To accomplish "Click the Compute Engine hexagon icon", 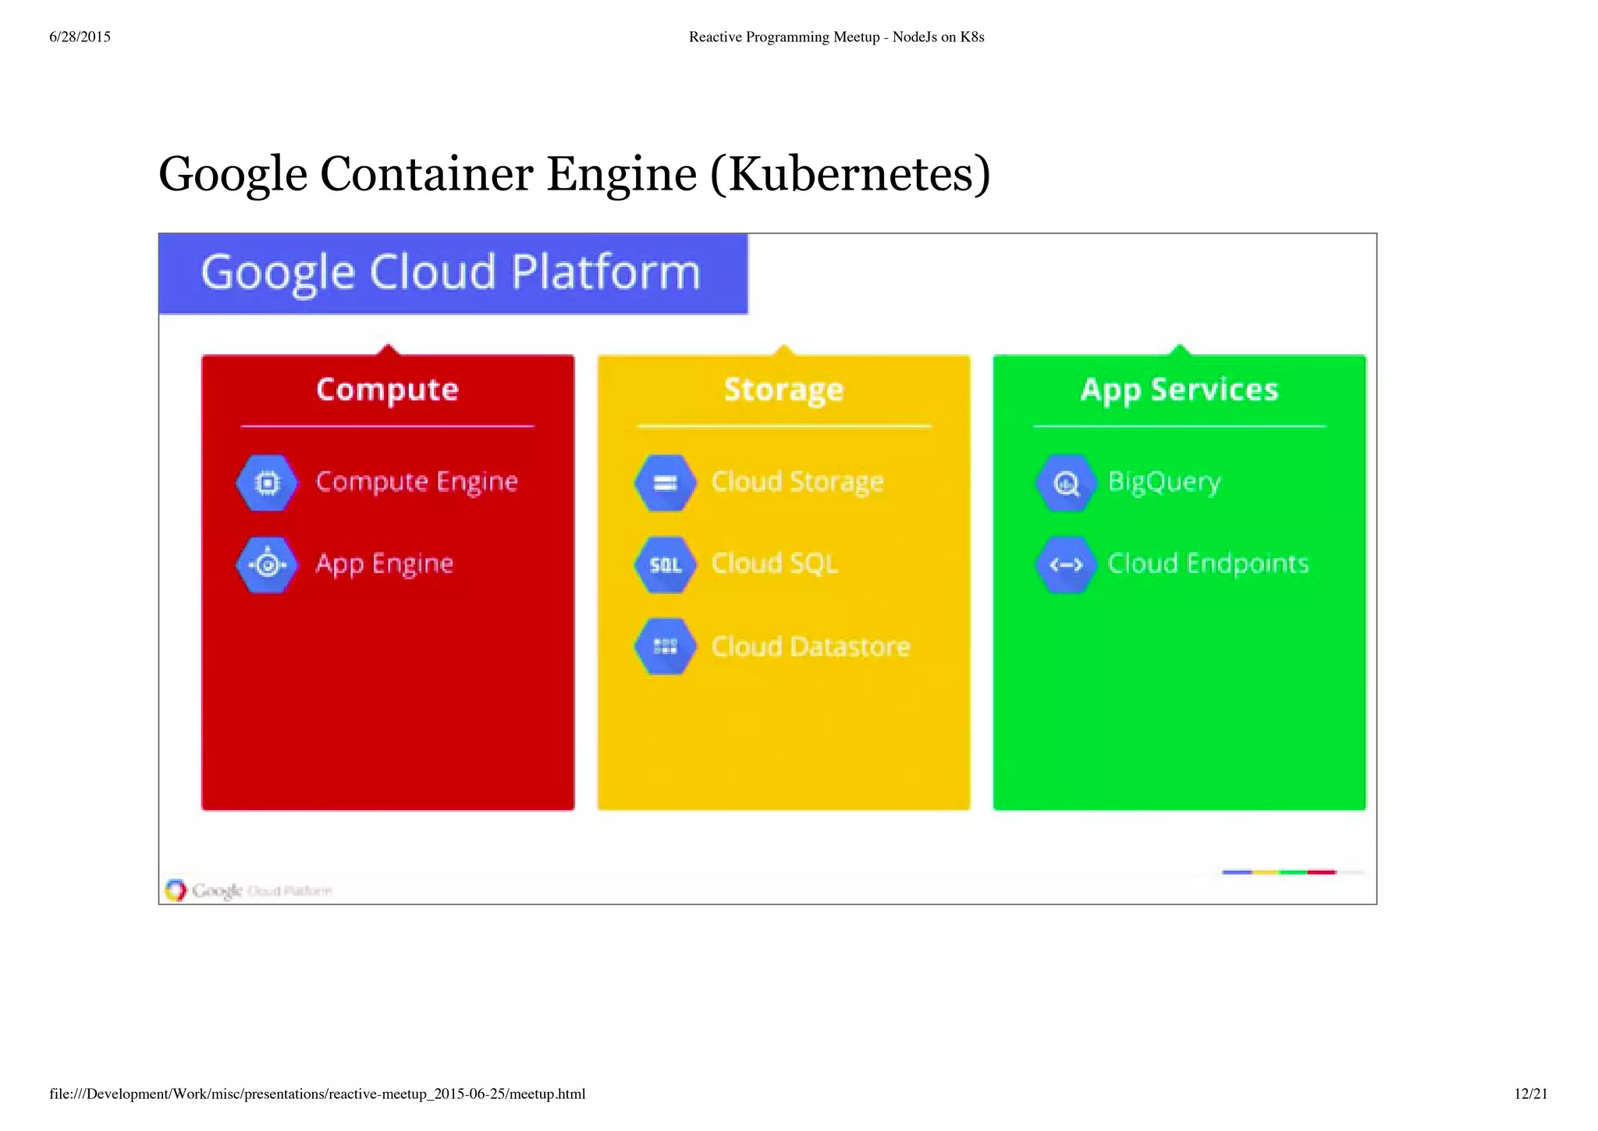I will pos(267,483).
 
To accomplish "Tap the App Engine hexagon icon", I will pos(267,564).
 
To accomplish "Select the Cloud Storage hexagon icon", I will pos(665,483).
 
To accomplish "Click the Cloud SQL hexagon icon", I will pos(665,564).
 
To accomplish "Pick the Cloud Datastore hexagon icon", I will pos(665,646).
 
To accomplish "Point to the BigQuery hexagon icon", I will pos(1066,483).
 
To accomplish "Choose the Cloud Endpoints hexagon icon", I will pos(1066,564).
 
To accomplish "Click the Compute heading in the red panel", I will pos(387,389).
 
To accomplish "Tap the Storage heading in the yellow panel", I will pos(783,389).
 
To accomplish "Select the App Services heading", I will pos(1179,389).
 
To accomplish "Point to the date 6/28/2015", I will pos(80,37).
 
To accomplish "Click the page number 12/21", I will pos(1530,1094).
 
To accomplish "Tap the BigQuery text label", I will pos(1164,482).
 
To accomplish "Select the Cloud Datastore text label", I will pos(811,646).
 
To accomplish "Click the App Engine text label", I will pos(384,564).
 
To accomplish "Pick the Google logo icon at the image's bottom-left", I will pos(176,890).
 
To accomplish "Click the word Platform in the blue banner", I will pos(605,272).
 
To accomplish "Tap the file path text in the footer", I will pos(317,1094).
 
